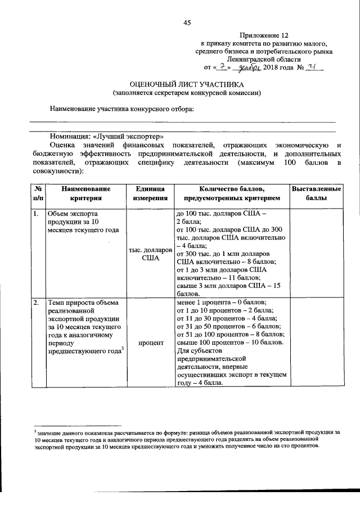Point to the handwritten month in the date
pyautogui.click(x=249, y=67)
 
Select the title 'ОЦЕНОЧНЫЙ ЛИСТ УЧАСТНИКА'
pyautogui.click(x=187, y=84)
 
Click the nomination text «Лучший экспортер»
pyautogui.click(x=130, y=136)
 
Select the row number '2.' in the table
pyautogui.click(x=35, y=303)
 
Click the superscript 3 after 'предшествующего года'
pyautogui.click(x=122, y=349)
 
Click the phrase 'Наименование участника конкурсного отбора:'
pyautogui.click(x=121, y=109)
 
